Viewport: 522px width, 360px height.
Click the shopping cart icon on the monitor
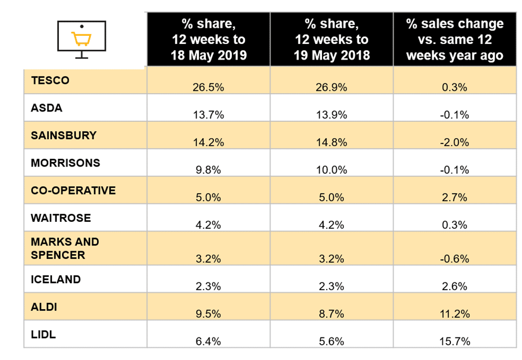click(81, 39)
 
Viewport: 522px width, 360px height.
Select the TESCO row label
click(50, 80)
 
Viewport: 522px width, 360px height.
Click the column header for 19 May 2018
click(331, 40)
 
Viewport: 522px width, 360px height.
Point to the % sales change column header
click(454, 40)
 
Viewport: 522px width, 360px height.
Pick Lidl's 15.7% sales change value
click(454, 341)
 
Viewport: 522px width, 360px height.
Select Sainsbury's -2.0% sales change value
click(454, 142)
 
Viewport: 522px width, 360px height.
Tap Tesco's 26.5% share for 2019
click(208, 87)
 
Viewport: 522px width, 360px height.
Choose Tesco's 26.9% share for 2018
click(331, 87)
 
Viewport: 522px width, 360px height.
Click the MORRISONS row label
click(65, 163)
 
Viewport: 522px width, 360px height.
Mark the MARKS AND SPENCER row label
click(65, 248)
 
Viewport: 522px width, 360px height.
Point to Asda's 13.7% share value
click(208, 114)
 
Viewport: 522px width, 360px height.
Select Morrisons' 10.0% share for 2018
click(331, 169)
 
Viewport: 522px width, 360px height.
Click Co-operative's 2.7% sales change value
click(454, 196)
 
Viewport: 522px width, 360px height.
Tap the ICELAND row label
click(55, 279)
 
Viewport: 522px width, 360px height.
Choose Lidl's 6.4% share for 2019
click(208, 341)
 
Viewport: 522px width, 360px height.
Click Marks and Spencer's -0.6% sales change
click(454, 258)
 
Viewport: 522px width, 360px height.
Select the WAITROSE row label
click(61, 218)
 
